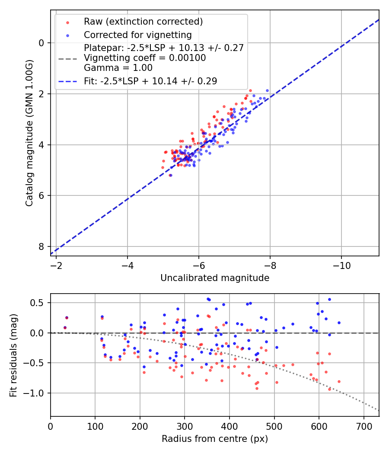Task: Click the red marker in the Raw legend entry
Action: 67,22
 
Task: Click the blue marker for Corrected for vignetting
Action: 67,35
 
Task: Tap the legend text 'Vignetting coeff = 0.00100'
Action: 145,58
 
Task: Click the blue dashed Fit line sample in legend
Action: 67,81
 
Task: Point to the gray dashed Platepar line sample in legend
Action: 67,58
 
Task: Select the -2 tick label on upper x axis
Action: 56,263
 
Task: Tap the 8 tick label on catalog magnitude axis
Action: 42,246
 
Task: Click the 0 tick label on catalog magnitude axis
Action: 42,43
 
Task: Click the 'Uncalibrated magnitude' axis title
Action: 215,278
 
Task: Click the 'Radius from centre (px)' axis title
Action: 215,439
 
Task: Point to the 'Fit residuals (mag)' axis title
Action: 13,355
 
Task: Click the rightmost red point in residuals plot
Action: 339,381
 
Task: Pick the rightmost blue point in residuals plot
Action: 339,323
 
